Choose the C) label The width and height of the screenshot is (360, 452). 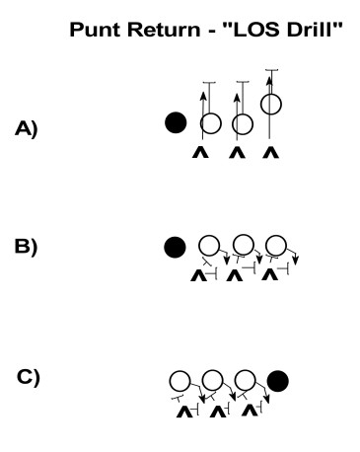pyautogui.click(x=30, y=377)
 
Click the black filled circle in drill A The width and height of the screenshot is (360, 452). pyautogui.click(x=176, y=122)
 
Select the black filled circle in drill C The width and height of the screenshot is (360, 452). pyautogui.click(x=278, y=380)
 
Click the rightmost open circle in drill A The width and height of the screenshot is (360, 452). pyautogui.click(x=272, y=103)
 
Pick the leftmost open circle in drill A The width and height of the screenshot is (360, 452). pyautogui.click(x=210, y=123)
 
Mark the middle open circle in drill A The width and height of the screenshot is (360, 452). pyautogui.click(x=241, y=123)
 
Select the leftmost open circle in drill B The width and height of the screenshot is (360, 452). pyautogui.click(x=209, y=245)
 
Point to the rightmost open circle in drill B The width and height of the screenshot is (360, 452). pyautogui.click(x=277, y=245)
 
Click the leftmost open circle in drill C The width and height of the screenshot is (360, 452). pyautogui.click(x=180, y=380)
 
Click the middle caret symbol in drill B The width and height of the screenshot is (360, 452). pyautogui.click(x=234, y=276)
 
